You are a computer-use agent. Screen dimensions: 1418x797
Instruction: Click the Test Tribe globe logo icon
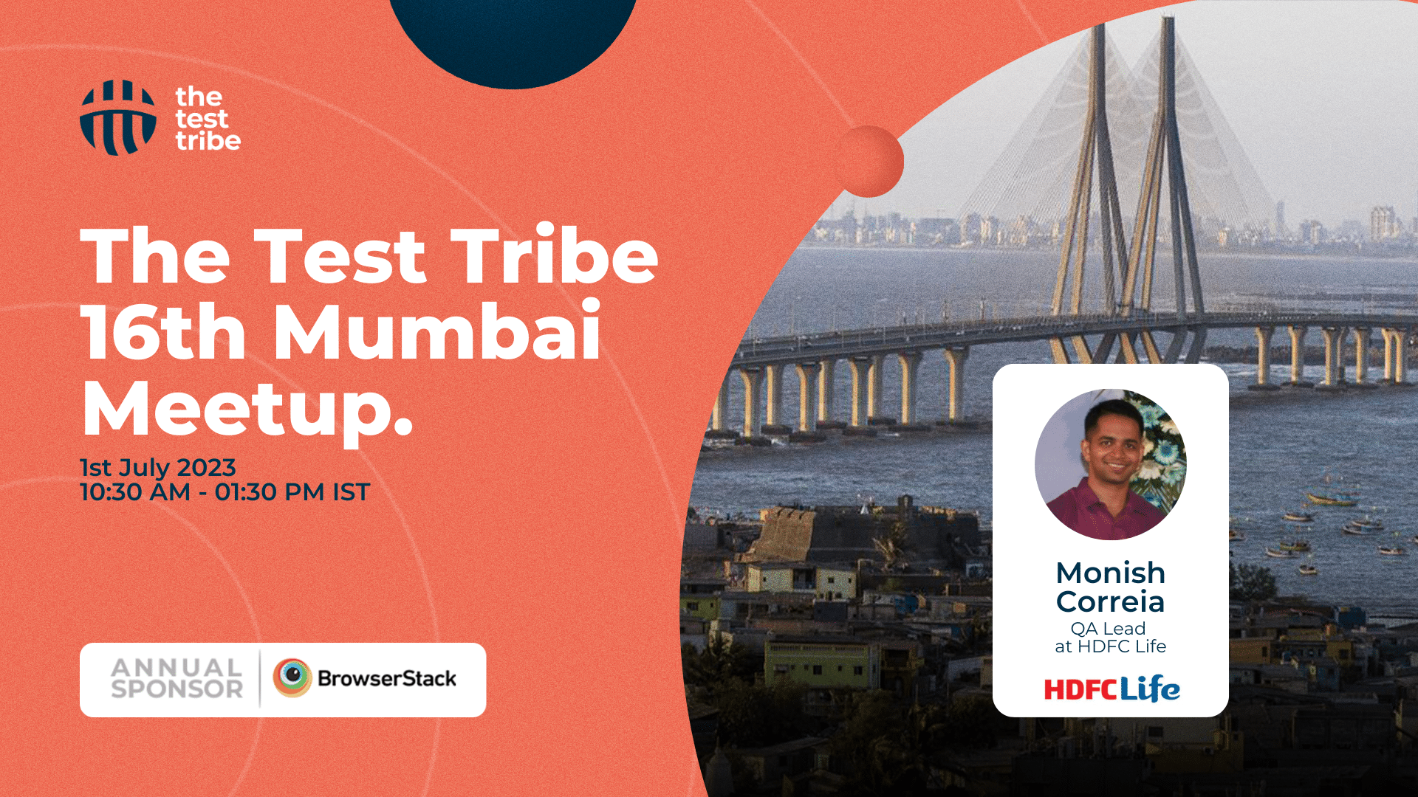pyautogui.click(x=118, y=118)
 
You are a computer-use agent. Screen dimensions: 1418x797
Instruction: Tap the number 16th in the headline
pyautogui.click(x=163, y=331)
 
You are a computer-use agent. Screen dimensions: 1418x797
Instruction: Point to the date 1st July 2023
pyautogui.click(x=158, y=467)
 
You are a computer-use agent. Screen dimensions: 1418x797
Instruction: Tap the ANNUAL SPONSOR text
pyautogui.click(x=177, y=679)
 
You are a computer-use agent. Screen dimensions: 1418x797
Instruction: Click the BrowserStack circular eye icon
pyautogui.click(x=292, y=678)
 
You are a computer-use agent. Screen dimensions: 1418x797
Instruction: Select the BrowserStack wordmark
pyautogui.click(x=387, y=678)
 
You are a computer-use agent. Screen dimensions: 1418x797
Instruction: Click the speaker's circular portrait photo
pyautogui.click(x=1111, y=464)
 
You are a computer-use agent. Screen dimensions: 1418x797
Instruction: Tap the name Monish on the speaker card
pyautogui.click(x=1111, y=573)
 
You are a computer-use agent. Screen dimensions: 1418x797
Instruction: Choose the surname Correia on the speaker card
pyautogui.click(x=1111, y=602)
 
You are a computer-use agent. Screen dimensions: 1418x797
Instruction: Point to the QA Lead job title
pyautogui.click(x=1109, y=629)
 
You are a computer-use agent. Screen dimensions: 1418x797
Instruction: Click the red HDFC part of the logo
pyautogui.click(x=1081, y=690)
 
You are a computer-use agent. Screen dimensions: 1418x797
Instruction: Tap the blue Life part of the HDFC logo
pyautogui.click(x=1150, y=689)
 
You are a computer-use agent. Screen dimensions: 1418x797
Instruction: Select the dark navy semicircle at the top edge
pyautogui.click(x=513, y=41)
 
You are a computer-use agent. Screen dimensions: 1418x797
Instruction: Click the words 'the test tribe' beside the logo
pyautogui.click(x=208, y=119)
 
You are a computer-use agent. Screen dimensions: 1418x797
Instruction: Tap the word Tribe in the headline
pyautogui.click(x=555, y=255)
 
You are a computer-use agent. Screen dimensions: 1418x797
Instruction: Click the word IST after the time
pyautogui.click(x=352, y=492)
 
